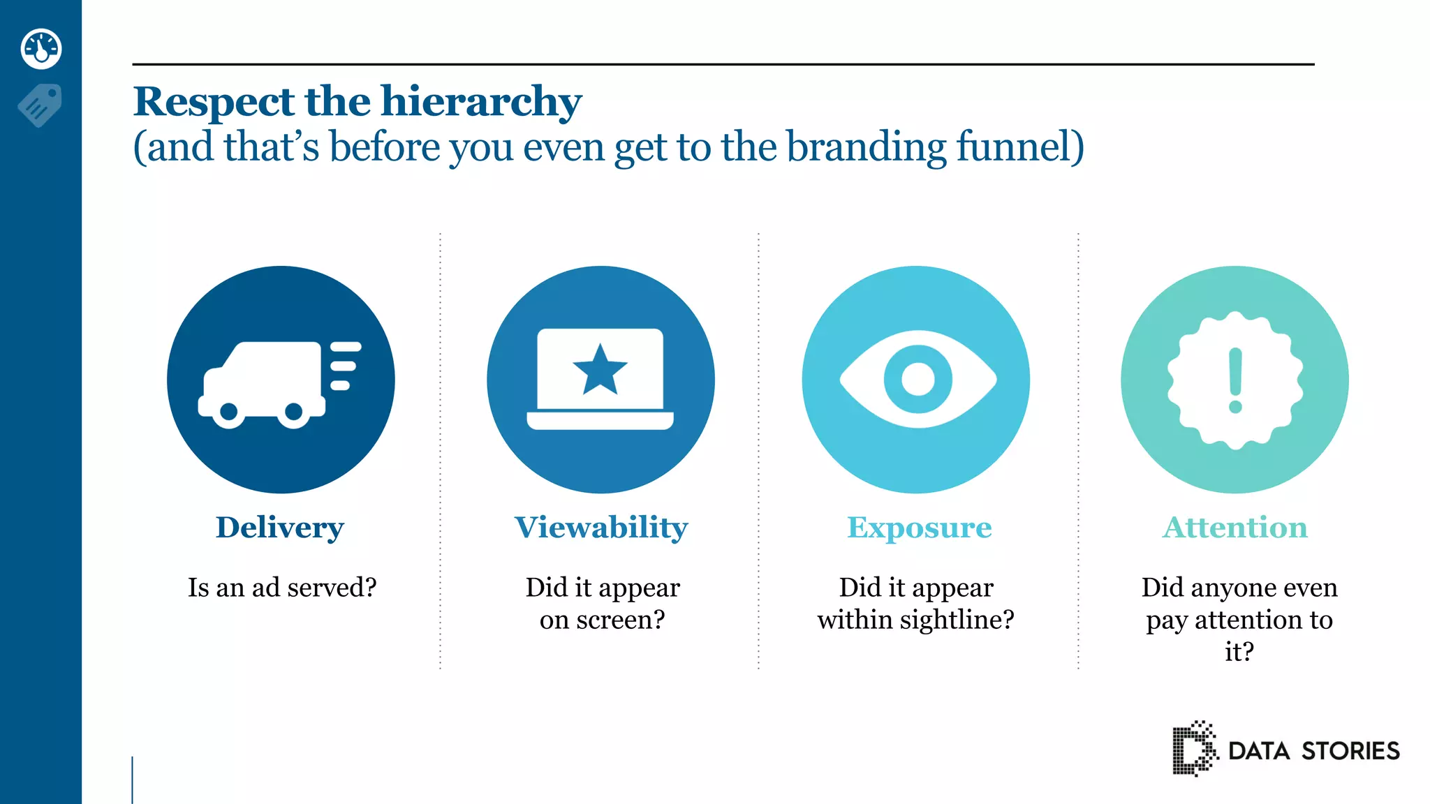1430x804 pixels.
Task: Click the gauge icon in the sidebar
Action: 41,49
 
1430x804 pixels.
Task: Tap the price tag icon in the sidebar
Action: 40,105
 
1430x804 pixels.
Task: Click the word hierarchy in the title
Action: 481,102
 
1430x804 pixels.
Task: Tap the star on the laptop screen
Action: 600,369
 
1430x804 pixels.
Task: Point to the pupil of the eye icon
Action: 917,380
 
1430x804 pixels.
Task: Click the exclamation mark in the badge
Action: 1235,380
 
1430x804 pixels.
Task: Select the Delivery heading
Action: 280,528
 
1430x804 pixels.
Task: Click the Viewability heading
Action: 601,528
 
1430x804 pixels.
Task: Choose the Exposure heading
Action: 919,528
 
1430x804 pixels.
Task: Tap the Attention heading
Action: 1235,528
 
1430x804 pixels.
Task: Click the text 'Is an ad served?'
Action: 282,588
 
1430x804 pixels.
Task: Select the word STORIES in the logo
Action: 1350,751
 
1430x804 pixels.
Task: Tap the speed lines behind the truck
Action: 345,366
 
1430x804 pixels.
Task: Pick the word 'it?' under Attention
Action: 1239,652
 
